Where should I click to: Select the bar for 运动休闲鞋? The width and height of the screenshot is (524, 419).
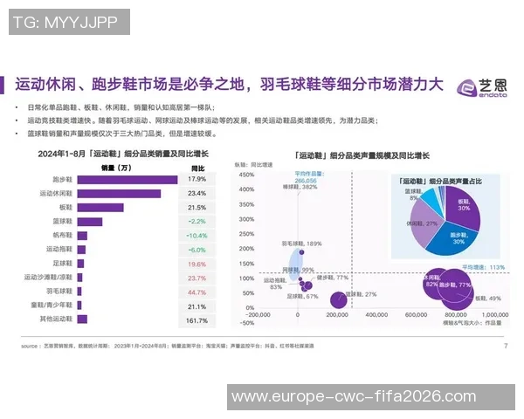119,193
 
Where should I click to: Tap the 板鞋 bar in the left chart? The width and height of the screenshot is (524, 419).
100,207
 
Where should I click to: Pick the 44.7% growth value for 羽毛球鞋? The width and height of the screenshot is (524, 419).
196,292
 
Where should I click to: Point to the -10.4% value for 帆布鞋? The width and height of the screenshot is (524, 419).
196,236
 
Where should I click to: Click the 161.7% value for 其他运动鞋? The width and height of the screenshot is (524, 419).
196,320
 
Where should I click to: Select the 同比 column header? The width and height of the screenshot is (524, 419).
197,167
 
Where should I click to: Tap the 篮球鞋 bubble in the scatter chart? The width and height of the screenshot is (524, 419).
338,300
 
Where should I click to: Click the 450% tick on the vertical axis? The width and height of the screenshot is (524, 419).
246,175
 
